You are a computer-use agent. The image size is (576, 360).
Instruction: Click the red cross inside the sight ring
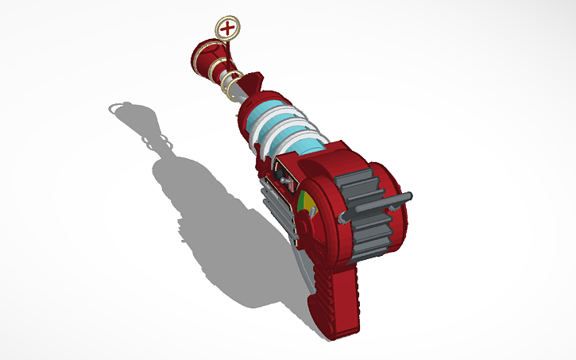[x=229, y=29]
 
